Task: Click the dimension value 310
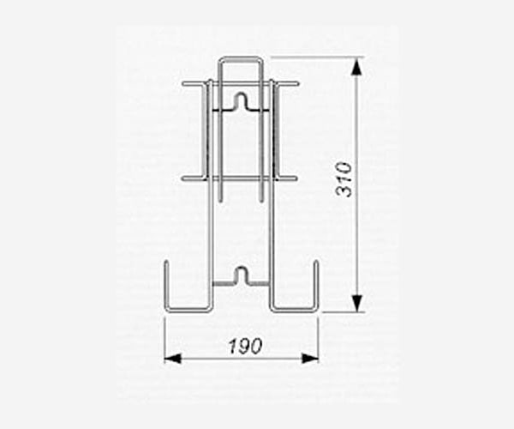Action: [x=344, y=179]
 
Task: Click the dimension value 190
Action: [x=246, y=347]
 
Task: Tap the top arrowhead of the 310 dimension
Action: [x=357, y=68]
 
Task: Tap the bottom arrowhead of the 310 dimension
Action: [x=357, y=303]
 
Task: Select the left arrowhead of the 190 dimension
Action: [x=172, y=359]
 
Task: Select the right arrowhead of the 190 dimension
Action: [x=310, y=359]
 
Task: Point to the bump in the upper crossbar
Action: [x=242, y=100]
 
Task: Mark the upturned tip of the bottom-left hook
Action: [x=166, y=262]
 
